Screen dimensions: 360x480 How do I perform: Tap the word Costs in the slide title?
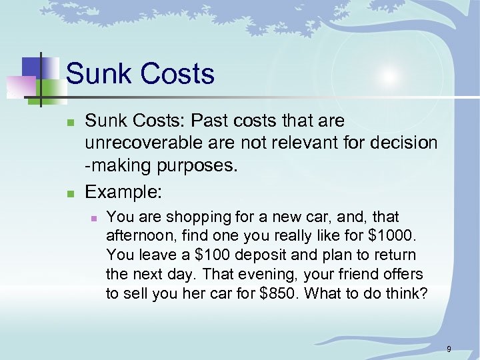179,73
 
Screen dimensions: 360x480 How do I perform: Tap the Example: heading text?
123,192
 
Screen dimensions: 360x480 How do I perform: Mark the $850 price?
279,294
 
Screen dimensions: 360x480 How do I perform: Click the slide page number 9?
449,349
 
